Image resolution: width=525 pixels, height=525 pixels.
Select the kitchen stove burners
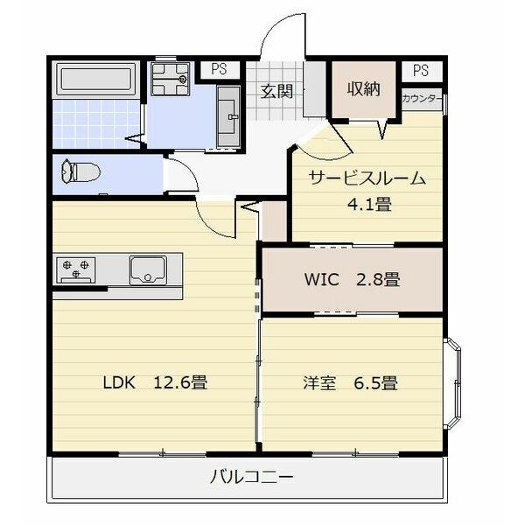pos(76,268)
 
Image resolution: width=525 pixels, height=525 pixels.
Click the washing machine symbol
pos(171,79)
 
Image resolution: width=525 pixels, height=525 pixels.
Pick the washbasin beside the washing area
pos(228,114)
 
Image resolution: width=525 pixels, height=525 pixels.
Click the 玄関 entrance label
pos(276,91)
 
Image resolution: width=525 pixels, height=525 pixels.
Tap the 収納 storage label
pos(363,89)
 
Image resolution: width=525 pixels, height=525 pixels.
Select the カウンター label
pos(421,99)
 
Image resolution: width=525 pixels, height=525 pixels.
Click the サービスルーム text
pos(366,179)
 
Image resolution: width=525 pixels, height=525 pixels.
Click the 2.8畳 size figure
pos(378,281)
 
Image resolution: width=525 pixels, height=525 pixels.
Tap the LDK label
pos(119,382)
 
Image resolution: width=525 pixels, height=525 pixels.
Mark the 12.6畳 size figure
pos(180,382)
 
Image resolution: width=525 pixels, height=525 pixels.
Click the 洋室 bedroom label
pos(319,382)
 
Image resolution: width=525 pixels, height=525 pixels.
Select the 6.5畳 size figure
pos(377,382)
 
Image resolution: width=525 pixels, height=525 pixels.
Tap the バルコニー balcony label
pos(252,478)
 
